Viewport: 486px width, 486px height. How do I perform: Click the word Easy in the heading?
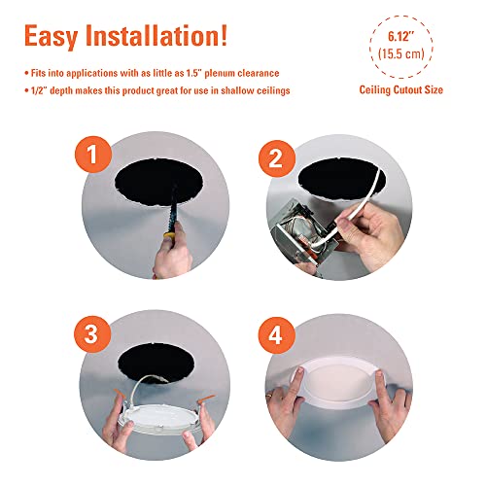point(59,37)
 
